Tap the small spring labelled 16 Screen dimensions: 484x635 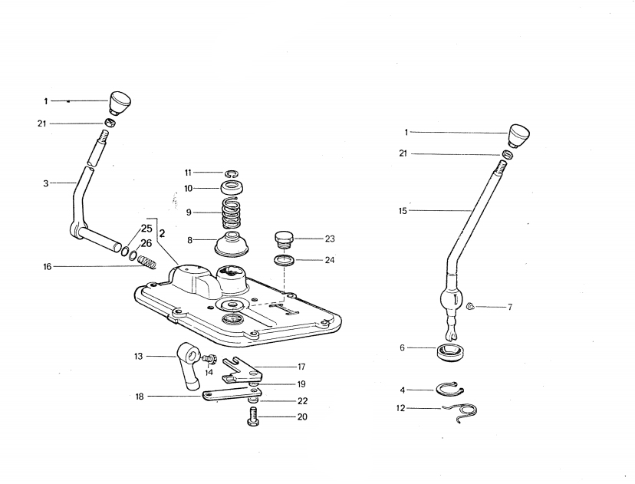147,262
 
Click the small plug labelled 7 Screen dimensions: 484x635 472,308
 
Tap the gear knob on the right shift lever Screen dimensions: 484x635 520,135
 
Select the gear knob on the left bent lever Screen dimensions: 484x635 120,101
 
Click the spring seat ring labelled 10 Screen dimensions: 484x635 233,187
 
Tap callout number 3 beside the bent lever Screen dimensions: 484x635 45,183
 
